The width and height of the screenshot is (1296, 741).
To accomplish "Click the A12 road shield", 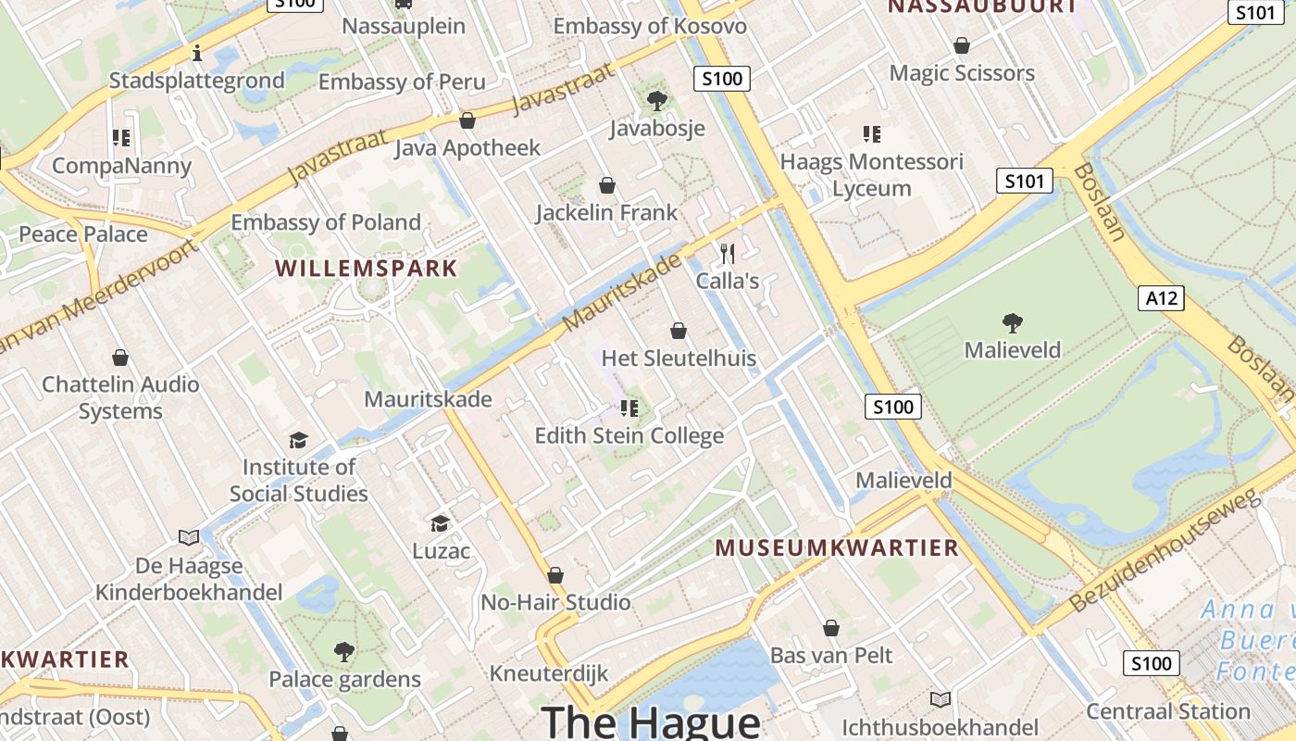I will coord(1161,297).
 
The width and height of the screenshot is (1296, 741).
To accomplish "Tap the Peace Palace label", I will coord(83,233).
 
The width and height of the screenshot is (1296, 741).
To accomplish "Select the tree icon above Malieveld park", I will coord(1012,323).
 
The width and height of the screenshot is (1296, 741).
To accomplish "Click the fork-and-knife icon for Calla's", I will coord(728,253).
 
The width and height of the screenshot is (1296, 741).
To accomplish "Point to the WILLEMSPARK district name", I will coord(367,269).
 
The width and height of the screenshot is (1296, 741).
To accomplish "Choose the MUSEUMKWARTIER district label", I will coord(837,547).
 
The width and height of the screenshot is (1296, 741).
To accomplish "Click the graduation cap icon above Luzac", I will coord(440,523).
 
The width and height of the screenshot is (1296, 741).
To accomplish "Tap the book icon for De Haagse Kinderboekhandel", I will coord(189,537).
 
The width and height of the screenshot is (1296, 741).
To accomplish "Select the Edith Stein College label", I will coord(629,435).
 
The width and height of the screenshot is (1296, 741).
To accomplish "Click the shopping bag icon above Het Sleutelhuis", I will coord(679,331).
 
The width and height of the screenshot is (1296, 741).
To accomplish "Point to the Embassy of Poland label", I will coord(326,222).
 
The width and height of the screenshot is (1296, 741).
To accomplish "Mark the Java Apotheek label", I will coord(467,147).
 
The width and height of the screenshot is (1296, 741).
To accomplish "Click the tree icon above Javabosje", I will coord(657,100).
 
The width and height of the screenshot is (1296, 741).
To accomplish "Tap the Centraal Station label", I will coord(1168,711).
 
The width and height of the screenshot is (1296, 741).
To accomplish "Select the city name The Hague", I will coord(651,721).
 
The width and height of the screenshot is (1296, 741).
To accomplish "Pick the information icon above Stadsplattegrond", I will coord(196,53).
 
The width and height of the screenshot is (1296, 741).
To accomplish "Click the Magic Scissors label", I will coord(962,72).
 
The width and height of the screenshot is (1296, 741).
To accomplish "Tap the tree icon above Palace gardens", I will coord(344,652).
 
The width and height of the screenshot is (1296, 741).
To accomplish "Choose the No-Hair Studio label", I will coord(555,602).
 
